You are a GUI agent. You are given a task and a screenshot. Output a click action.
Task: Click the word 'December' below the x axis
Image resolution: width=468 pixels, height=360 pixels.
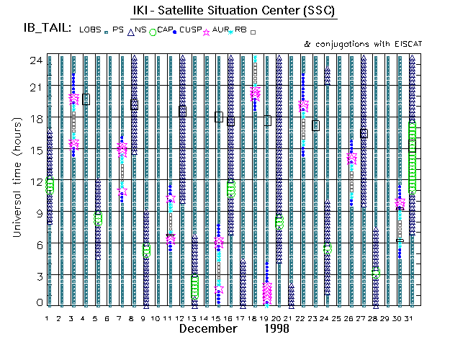click(x=208, y=328)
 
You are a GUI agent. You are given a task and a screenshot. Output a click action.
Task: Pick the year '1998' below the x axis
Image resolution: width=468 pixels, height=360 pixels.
click(x=276, y=328)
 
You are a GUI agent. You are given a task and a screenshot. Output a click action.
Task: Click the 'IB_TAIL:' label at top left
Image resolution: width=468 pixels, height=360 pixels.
click(x=48, y=29)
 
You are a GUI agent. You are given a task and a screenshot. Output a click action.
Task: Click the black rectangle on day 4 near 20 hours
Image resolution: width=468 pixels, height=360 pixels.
click(x=86, y=99)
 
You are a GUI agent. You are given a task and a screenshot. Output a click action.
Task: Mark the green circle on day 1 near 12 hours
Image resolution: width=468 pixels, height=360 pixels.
click(x=50, y=185)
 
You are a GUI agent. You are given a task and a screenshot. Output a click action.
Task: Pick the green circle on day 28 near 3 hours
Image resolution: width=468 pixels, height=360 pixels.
click(x=375, y=274)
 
